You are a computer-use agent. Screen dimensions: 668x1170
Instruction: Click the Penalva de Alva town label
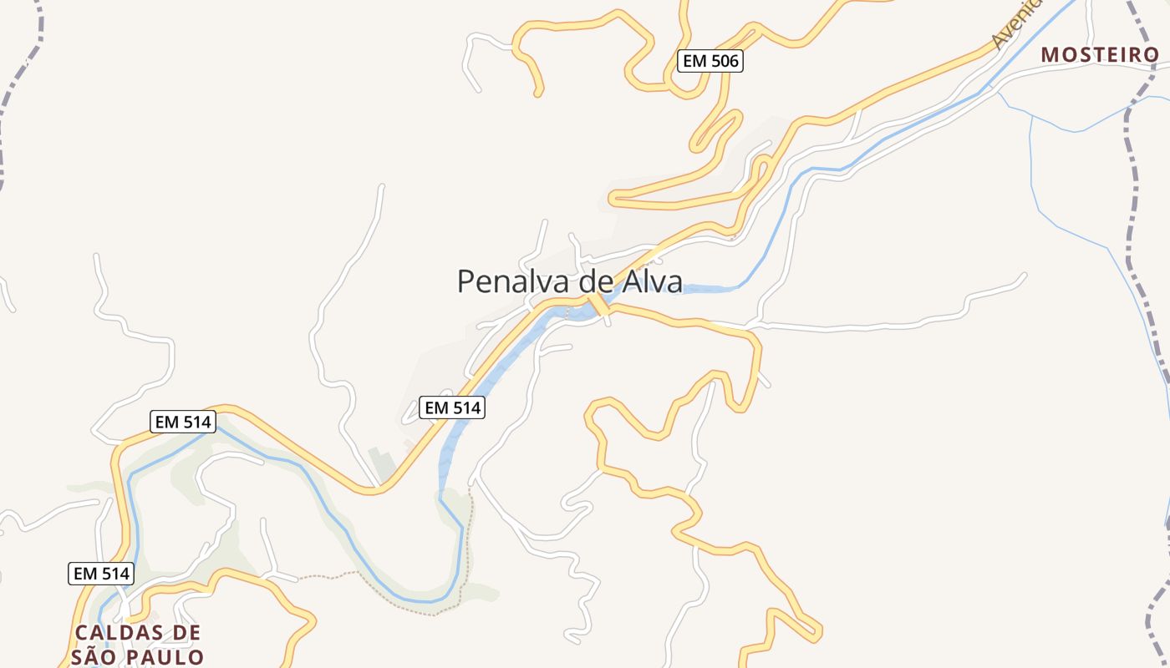pos(569,281)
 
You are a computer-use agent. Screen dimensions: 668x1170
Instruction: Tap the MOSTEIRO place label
pos(1100,55)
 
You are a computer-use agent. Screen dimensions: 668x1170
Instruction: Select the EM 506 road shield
pos(710,61)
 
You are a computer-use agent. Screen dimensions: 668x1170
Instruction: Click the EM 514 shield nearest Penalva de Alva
pos(452,407)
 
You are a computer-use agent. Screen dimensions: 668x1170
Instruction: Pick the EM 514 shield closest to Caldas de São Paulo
pos(100,574)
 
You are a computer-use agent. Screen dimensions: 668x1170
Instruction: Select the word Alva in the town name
pos(651,281)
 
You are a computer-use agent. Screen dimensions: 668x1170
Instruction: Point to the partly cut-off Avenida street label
pos(1016,23)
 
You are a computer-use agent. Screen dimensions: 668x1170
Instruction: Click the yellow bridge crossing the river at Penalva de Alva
pos(598,305)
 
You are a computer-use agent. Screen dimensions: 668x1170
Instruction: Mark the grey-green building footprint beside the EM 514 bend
pos(380,463)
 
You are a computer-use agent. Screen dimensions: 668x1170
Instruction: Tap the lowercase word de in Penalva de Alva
pos(595,281)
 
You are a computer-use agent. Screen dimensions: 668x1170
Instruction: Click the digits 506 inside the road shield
pos(720,61)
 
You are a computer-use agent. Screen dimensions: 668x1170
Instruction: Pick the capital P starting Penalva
pos(465,281)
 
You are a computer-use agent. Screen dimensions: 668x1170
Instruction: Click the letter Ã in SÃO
pos(99,657)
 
